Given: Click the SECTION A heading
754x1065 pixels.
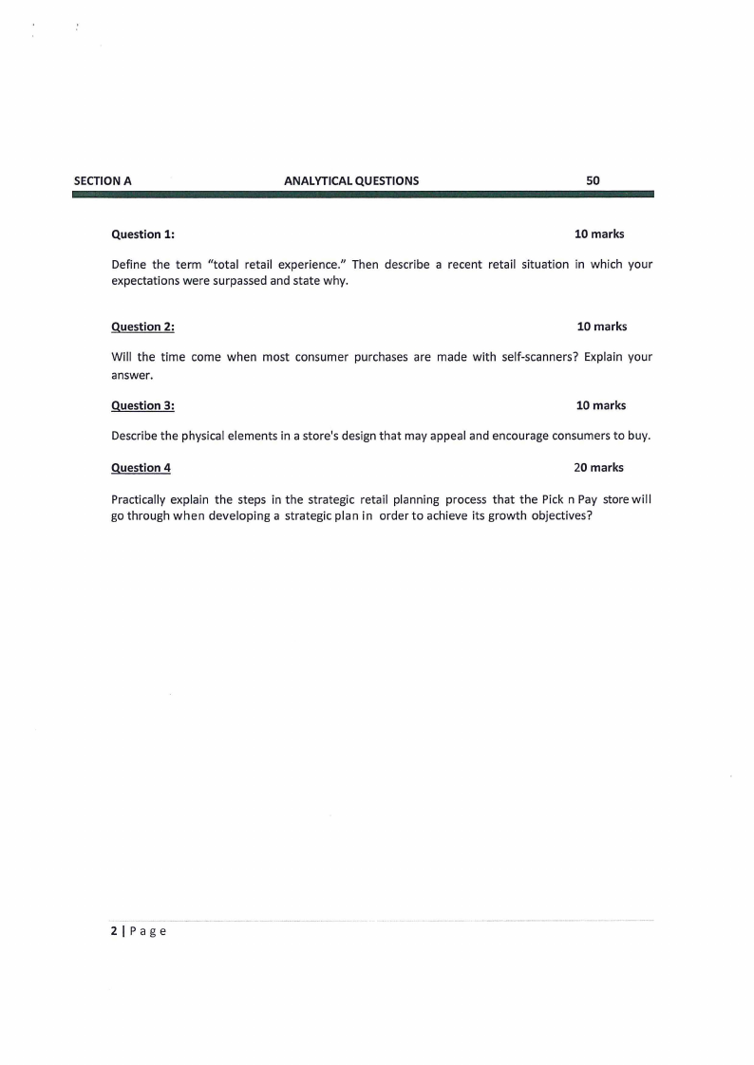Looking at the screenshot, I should (103, 180).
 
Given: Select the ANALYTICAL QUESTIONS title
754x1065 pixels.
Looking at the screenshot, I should (351, 180).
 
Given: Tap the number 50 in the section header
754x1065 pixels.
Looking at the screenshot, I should (594, 180).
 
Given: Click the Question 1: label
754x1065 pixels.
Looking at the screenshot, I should (142, 234).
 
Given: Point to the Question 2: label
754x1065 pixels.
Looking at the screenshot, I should (142, 327).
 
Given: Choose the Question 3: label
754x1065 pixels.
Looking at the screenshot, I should (142, 405).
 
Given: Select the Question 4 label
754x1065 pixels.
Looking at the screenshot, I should (141, 467).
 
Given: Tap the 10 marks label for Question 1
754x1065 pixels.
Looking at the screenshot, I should (599, 234).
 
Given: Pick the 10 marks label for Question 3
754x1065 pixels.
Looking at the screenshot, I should (601, 405).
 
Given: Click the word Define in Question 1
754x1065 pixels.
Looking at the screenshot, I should (129, 265).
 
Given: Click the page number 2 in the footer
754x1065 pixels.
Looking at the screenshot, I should (114, 931).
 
